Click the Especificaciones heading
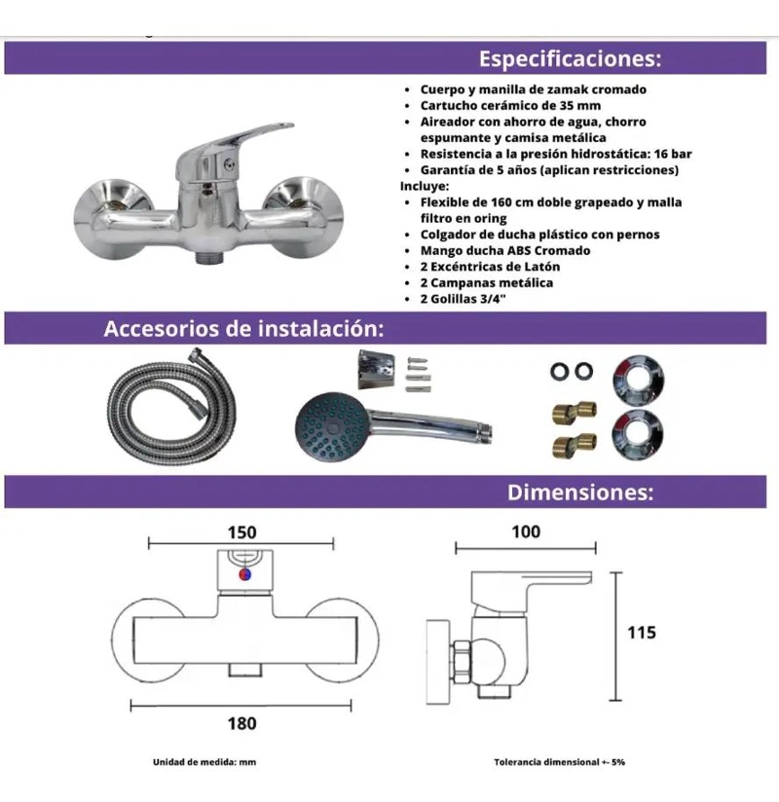[x=570, y=58]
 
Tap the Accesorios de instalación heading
[x=243, y=328]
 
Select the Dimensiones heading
[x=580, y=492]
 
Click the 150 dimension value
[x=242, y=532]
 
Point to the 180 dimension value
[x=242, y=723]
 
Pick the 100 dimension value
[x=526, y=532]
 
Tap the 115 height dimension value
[x=642, y=633]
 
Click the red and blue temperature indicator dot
[x=245, y=574]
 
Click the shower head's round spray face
[x=331, y=427]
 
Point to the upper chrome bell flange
[x=638, y=380]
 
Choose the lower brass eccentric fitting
[x=575, y=445]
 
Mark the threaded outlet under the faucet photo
[x=208, y=257]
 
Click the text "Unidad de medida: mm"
[x=204, y=762]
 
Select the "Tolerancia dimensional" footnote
[x=560, y=762]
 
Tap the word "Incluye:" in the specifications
[x=425, y=186]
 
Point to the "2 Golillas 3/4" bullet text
[x=463, y=299]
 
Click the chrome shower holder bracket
[x=376, y=370]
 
